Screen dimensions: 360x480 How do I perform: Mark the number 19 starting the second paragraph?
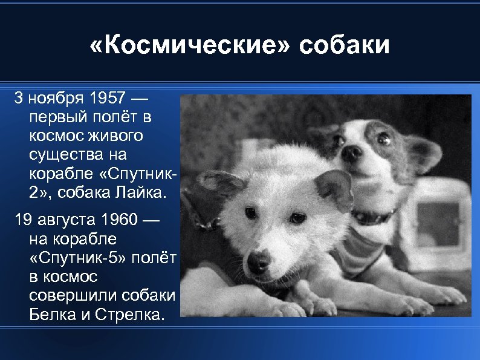(x=23, y=218)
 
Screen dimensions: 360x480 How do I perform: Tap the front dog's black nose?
(x=259, y=262)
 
